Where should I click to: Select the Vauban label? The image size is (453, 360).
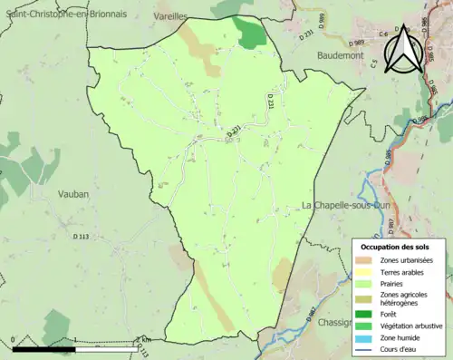[x=70, y=193]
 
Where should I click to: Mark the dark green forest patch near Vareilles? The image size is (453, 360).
[x=250, y=33]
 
